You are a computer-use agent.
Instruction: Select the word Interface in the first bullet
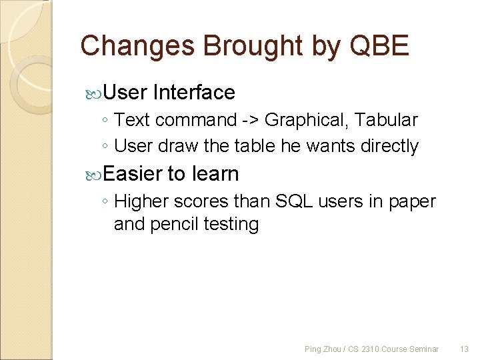pyautogui.click(x=193, y=92)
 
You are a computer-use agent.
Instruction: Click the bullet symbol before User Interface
pyautogui.click(x=94, y=93)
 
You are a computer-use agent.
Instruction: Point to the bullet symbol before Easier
pyautogui.click(x=94, y=174)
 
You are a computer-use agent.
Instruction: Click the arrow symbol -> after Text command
pyautogui.click(x=250, y=121)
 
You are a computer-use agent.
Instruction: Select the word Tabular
pyautogui.click(x=387, y=120)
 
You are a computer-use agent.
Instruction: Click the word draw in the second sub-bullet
pyautogui.click(x=176, y=146)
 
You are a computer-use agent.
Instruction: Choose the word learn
pyautogui.click(x=215, y=173)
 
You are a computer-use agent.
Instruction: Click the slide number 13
pyautogui.click(x=465, y=349)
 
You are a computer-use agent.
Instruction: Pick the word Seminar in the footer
pyautogui.click(x=424, y=349)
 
